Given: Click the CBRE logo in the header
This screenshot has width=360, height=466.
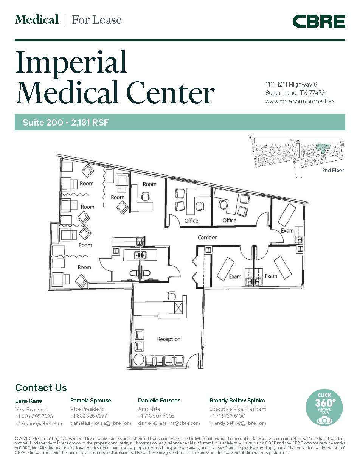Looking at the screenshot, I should pyautogui.click(x=319, y=21).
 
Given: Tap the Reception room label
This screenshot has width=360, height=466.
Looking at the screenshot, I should pyautogui.click(x=169, y=339).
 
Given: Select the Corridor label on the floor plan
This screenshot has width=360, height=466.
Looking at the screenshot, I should pyautogui.click(x=207, y=238).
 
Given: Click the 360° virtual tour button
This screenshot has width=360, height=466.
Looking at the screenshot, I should pyautogui.click(x=324, y=408).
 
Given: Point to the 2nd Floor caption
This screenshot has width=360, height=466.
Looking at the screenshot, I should pyautogui.click(x=333, y=171).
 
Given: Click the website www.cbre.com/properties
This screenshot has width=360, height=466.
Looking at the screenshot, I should pyautogui.click(x=299, y=101).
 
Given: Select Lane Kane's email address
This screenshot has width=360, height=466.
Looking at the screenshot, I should pyautogui.click(x=38, y=423).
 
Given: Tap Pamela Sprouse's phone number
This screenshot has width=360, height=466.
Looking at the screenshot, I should pyautogui.click(x=88, y=416).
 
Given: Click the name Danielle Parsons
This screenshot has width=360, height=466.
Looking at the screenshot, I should pyautogui.click(x=159, y=400).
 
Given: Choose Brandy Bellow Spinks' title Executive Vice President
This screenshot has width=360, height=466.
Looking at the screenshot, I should pyautogui.click(x=237, y=409).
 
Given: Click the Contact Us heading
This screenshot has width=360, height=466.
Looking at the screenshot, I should pyautogui.click(x=41, y=388).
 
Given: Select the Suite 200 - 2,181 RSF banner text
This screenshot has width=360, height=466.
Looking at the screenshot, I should pyautogui.click(x=66, y=123).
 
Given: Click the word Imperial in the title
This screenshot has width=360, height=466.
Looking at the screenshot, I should pyautogui.click(x=71, y=62).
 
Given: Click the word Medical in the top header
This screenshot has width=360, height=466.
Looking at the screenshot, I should pyautogui.click(x=37, y=20).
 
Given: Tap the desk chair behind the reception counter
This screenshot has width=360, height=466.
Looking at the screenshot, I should pyautogui.click(x=172, y=295).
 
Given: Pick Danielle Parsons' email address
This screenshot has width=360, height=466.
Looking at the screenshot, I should pyautogui.click(x=169, y=423).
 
